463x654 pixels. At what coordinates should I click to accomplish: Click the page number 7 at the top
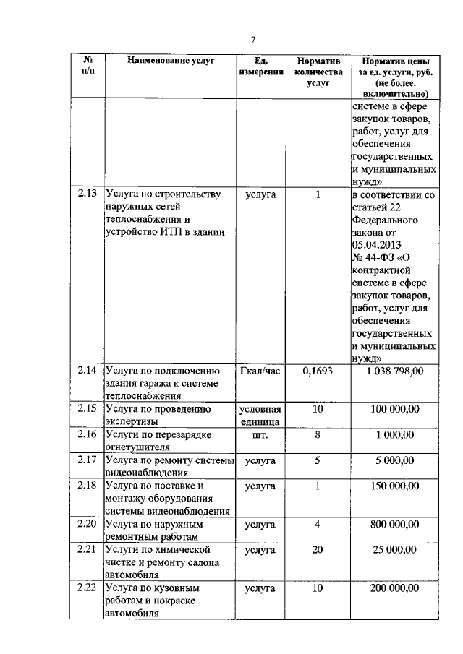click(x=253, y=39)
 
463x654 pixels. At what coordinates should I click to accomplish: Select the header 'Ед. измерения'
click(x=260, y=67)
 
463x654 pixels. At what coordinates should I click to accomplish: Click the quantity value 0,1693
click(x=318, y=371)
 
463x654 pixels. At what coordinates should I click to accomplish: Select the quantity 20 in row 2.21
click(x=318, y=550)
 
